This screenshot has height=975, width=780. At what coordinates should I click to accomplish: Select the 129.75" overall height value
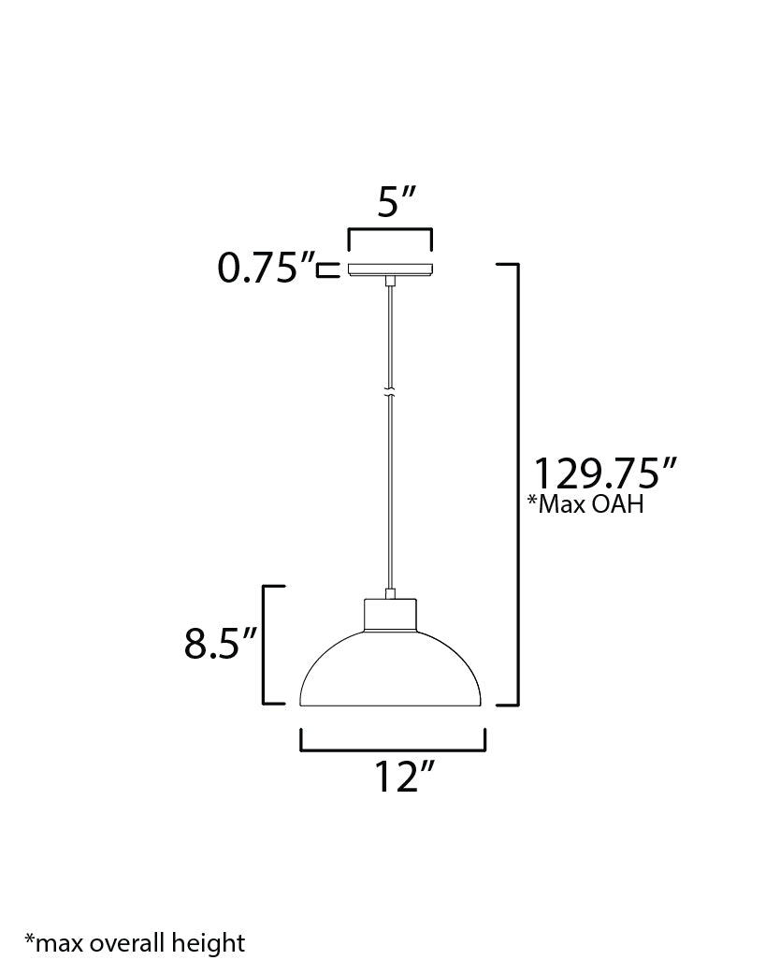603,473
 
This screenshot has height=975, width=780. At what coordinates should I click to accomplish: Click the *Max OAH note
585,506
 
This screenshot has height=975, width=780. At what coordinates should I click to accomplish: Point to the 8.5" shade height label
220,646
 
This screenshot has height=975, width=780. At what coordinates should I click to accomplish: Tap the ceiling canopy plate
390,269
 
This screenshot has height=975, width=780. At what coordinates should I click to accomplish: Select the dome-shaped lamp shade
390,674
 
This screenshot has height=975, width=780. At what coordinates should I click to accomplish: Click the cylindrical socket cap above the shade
390,618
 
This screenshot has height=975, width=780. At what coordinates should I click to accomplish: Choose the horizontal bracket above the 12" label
392,749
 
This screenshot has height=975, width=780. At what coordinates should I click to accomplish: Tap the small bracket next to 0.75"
325,270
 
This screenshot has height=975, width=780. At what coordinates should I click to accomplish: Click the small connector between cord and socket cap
390,593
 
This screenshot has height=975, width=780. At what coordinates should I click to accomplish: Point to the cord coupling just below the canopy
390,280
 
